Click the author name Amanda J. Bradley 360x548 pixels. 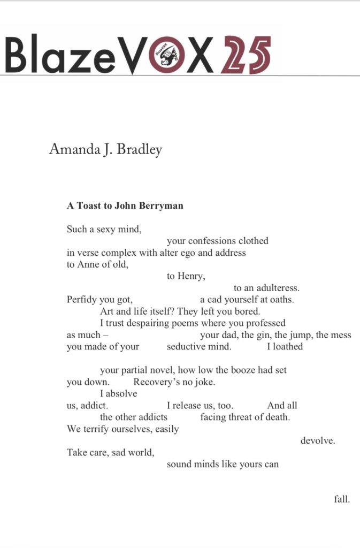coord(105,149)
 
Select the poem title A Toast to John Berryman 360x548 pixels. coord(125,205)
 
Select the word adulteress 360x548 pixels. coord(278,288)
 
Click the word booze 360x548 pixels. coord(241,370)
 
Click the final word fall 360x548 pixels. coord(342,499)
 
